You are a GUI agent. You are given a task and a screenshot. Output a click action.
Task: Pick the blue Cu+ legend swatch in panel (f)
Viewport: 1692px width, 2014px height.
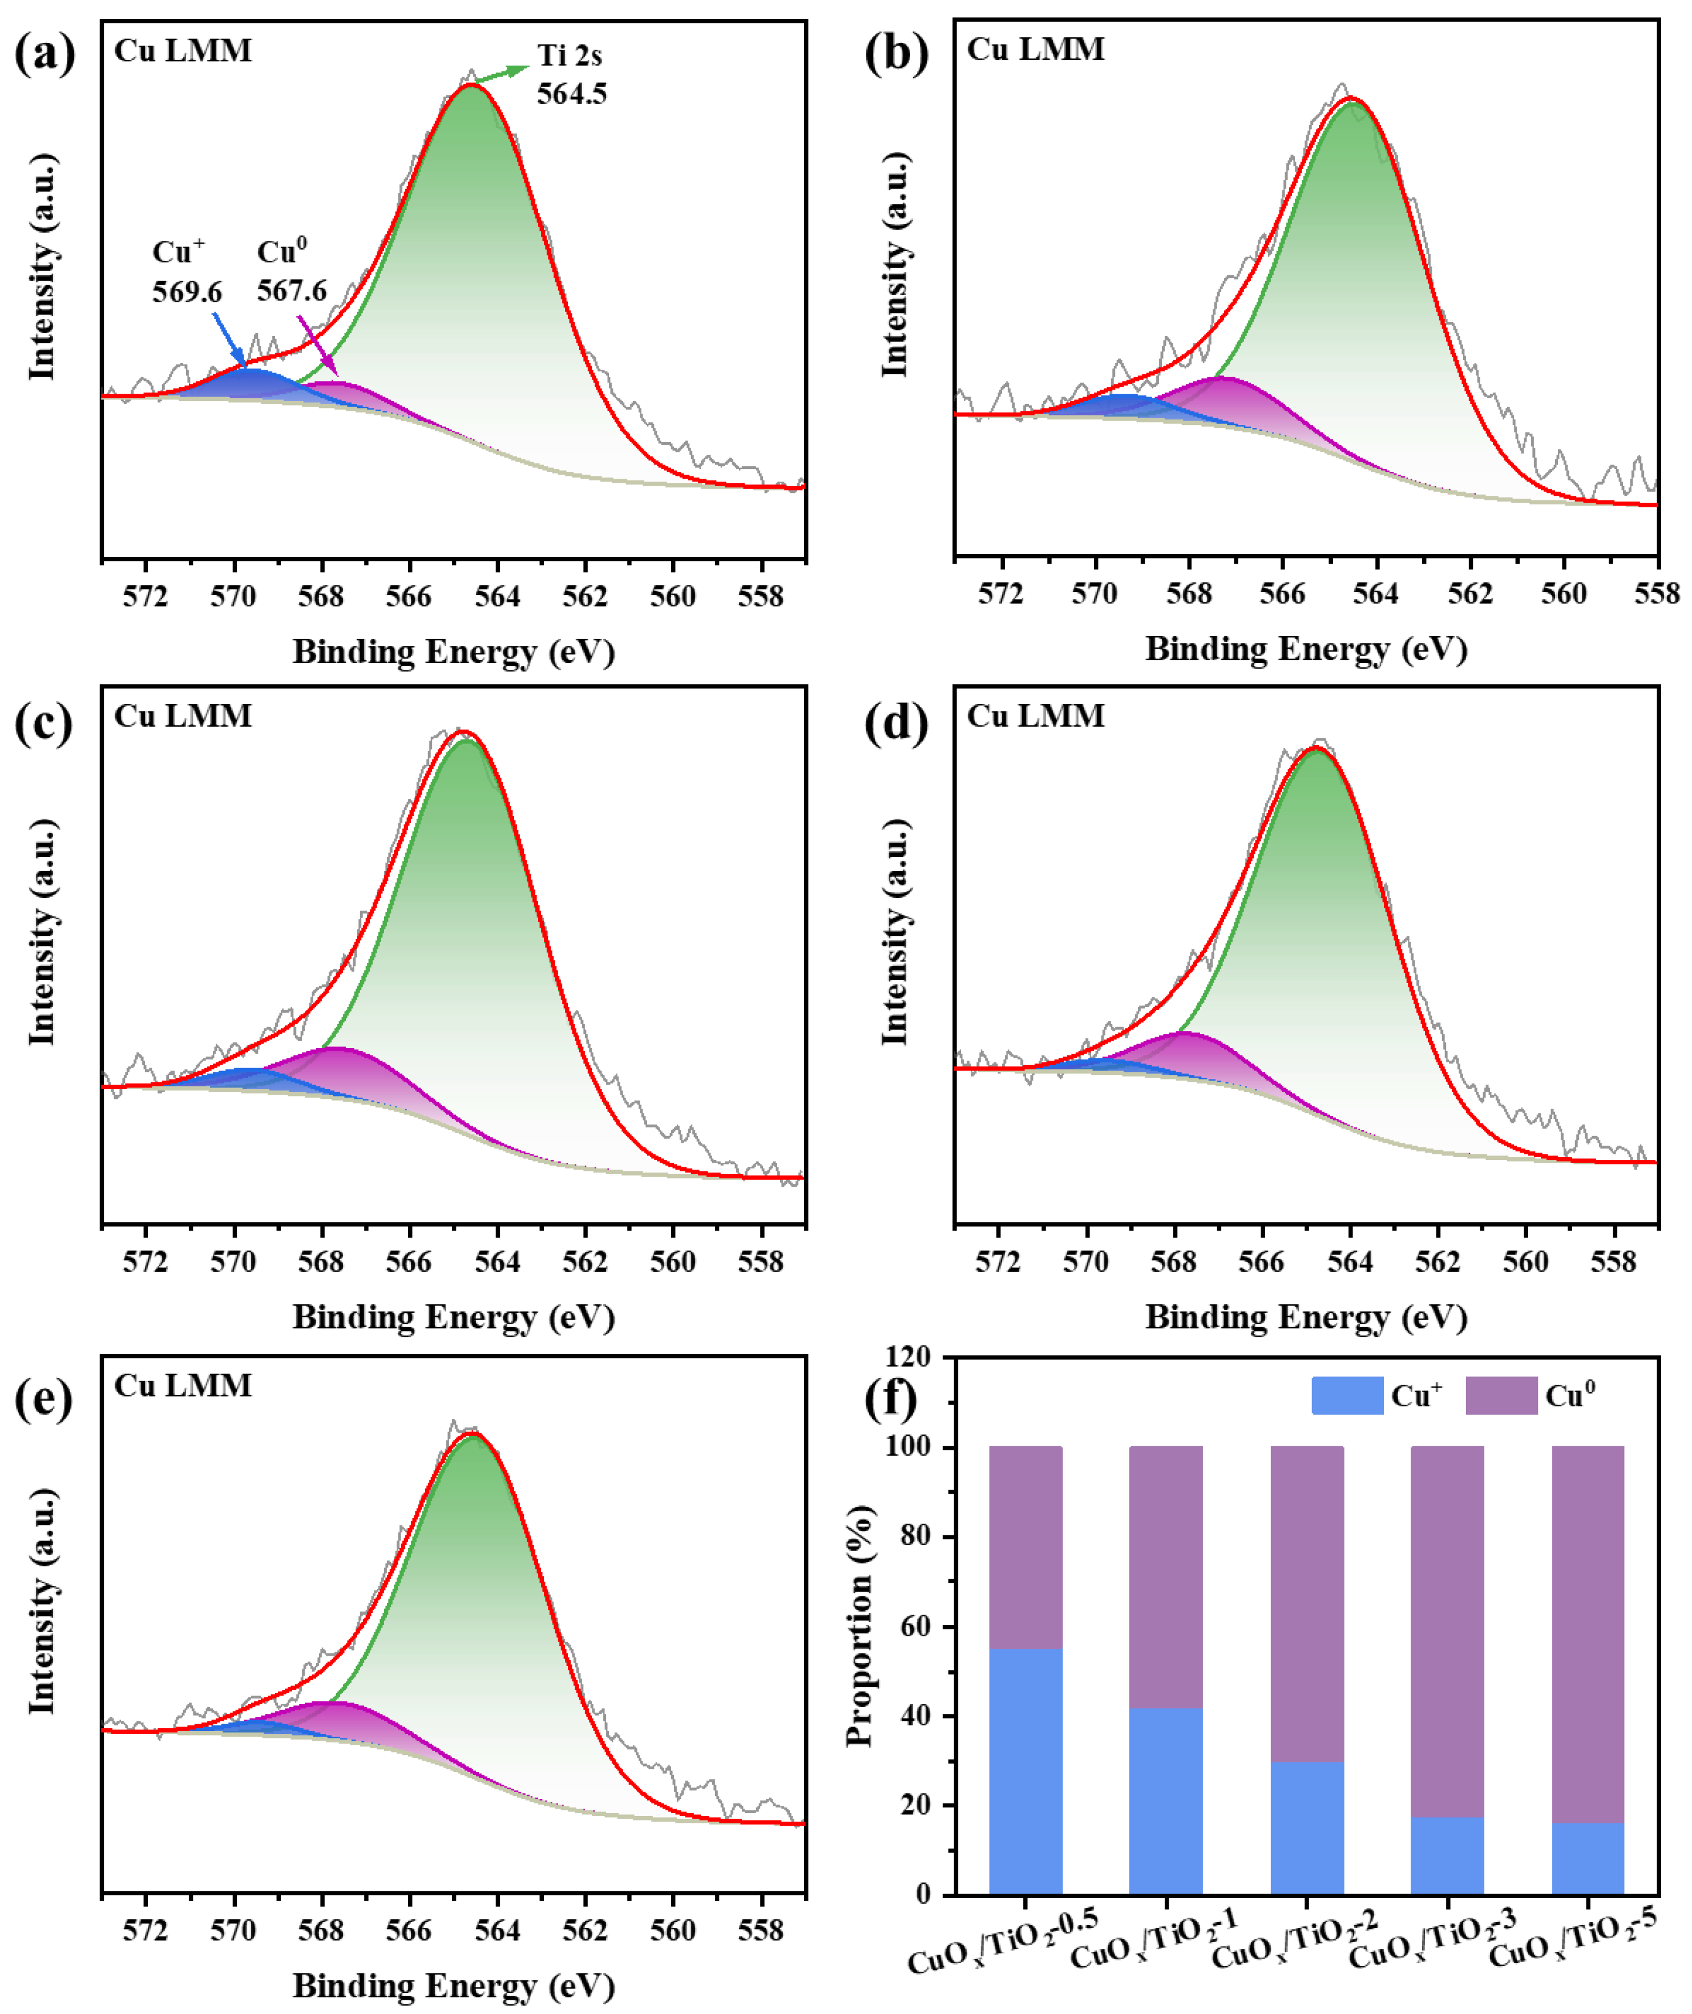(1347, 1396)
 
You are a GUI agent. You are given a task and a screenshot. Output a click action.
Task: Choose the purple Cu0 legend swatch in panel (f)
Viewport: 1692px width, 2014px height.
(1501, 1396)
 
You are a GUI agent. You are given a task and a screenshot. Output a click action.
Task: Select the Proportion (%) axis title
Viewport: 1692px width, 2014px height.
(861, 1625)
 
